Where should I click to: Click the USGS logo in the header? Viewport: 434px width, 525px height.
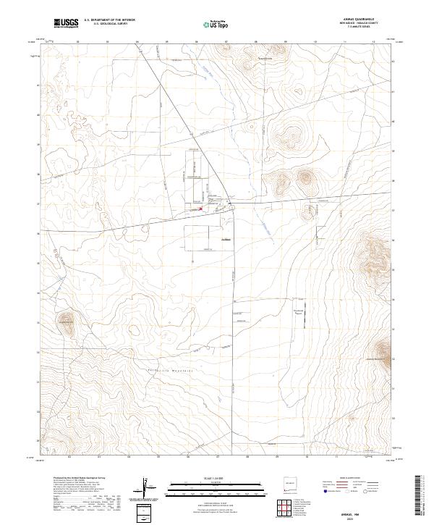coord(66,23)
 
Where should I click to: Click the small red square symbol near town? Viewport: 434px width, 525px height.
coord(201,209)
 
